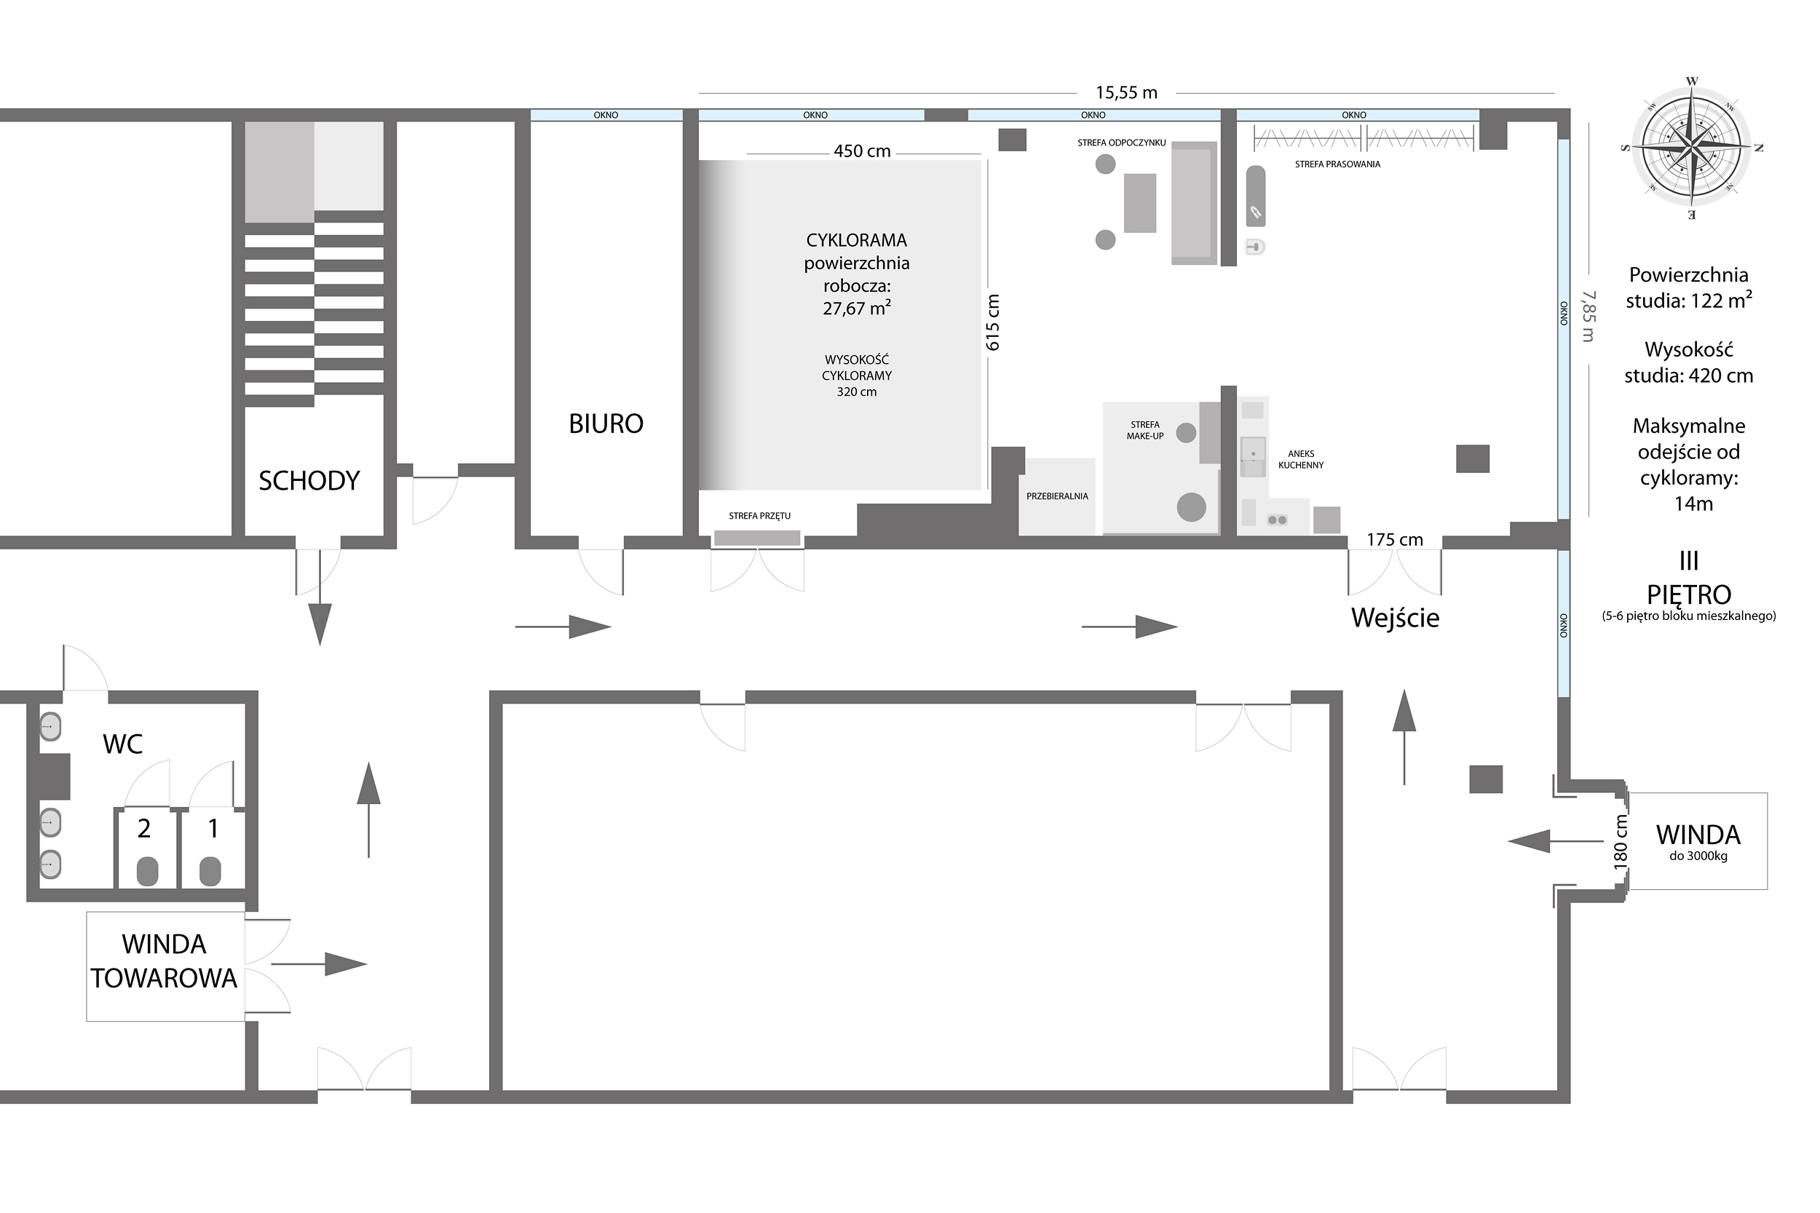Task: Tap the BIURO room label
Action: click(606, 424)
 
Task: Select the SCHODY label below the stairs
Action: click(309, 481)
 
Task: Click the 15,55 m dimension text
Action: click(1126, 93)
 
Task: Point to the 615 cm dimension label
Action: click(994, 322)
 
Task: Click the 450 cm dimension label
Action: click(862, 151)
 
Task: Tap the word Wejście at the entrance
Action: click(1395, 618)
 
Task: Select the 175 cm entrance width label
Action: click(1394, 540)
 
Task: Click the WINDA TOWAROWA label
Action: click(164, 961)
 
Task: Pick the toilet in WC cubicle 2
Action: click(147, 872)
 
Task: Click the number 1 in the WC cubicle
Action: click(213, 830)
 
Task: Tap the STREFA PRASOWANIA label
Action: click(1337, 164)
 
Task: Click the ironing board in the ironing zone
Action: click(1255, 196)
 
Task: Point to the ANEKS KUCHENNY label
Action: click(1301, 460)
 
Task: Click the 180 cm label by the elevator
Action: click(1621, 842)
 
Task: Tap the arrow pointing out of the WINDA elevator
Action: click(1555, 841)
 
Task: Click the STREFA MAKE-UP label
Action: click(1144, 430)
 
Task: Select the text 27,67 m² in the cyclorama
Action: click(857, 309)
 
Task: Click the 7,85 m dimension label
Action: click(1587, 317)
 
